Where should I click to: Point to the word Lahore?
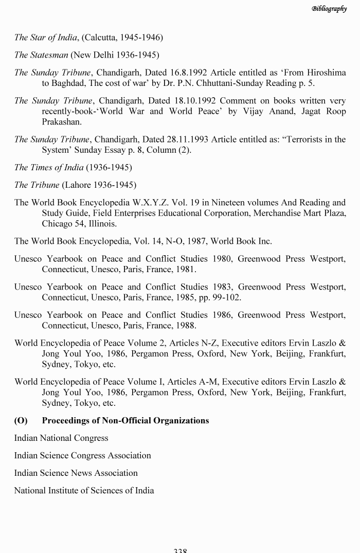(79, 185)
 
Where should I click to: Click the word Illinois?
(100, 224)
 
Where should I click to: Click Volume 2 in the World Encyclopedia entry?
(145, 343)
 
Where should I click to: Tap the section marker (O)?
(21, 421)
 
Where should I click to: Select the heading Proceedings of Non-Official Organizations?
(125, 421)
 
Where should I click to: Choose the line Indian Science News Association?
(76, 473)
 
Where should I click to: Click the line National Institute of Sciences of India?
(84, 490)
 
